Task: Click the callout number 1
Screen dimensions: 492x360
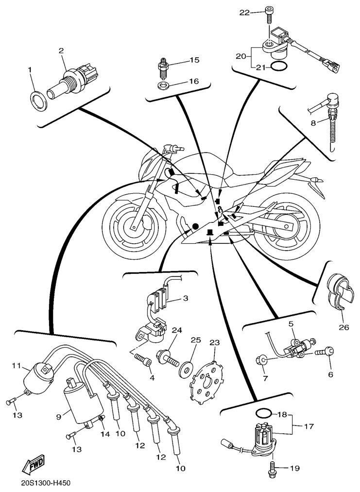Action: click(x=30, y=70)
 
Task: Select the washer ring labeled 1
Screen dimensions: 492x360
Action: click(x=39, y=101)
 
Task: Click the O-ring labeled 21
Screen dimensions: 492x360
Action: click(x=278, y=67)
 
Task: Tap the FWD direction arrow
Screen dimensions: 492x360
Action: click(x=33, y=465)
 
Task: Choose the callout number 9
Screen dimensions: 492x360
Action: click(x=59, y=416)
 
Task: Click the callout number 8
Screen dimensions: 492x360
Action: click(x=313, y=123)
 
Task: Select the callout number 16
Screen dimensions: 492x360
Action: click(x=194, y=81)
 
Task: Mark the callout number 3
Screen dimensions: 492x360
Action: click(x=185, y=298)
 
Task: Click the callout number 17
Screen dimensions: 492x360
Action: click(x=309, y=427)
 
